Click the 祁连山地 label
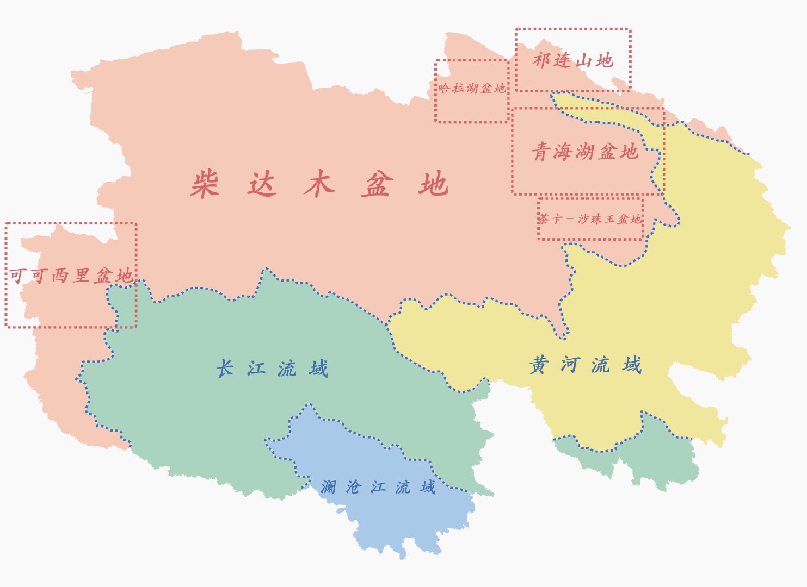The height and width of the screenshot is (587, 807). pos(573,60)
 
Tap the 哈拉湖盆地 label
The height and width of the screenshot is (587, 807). pos(472,88)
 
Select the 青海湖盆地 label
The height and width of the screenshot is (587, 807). pos(585,152)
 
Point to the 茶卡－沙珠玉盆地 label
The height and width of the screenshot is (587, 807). pos(590,219)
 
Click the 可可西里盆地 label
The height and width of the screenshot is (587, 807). pos(71,276)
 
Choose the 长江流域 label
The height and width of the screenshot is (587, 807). pos(272,369)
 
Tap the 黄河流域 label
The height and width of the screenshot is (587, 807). pos(586,365)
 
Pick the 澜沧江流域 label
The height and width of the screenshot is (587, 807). pos(378,487)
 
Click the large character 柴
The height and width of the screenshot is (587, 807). pos(205,184)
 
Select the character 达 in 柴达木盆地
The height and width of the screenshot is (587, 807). pos(262,184)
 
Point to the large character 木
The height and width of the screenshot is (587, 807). pos(319,184)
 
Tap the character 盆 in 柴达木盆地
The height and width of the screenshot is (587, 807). pos(377,184)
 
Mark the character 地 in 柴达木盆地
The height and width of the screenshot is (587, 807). pos(434,184)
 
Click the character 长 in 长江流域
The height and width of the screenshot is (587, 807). pos(225,369)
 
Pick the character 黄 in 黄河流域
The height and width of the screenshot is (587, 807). pos(539,365)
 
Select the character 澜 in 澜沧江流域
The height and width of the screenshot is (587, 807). pos(328,487)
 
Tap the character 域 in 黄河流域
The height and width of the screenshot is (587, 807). pos(632,365)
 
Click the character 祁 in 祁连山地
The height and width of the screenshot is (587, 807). pos(542,60)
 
